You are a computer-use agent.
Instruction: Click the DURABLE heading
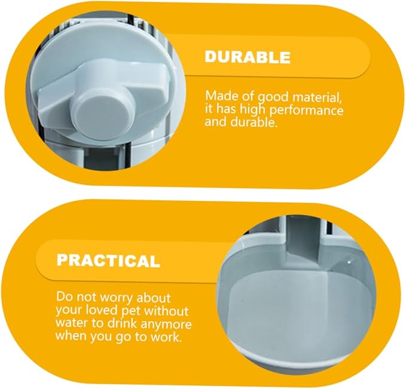click(x=248, y=57)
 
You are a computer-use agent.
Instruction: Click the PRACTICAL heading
click(x=108, y=261)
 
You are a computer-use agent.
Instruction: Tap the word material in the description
click(x=316, y=97)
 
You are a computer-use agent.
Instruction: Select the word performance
click(x=306, y=111)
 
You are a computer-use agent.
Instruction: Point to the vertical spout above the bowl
click(x=304, y=240)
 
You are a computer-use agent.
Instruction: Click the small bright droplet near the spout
click(x=349, y=262)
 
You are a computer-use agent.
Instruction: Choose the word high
click(x=253, y=110)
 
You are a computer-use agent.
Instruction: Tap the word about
click(x=154, y=298)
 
